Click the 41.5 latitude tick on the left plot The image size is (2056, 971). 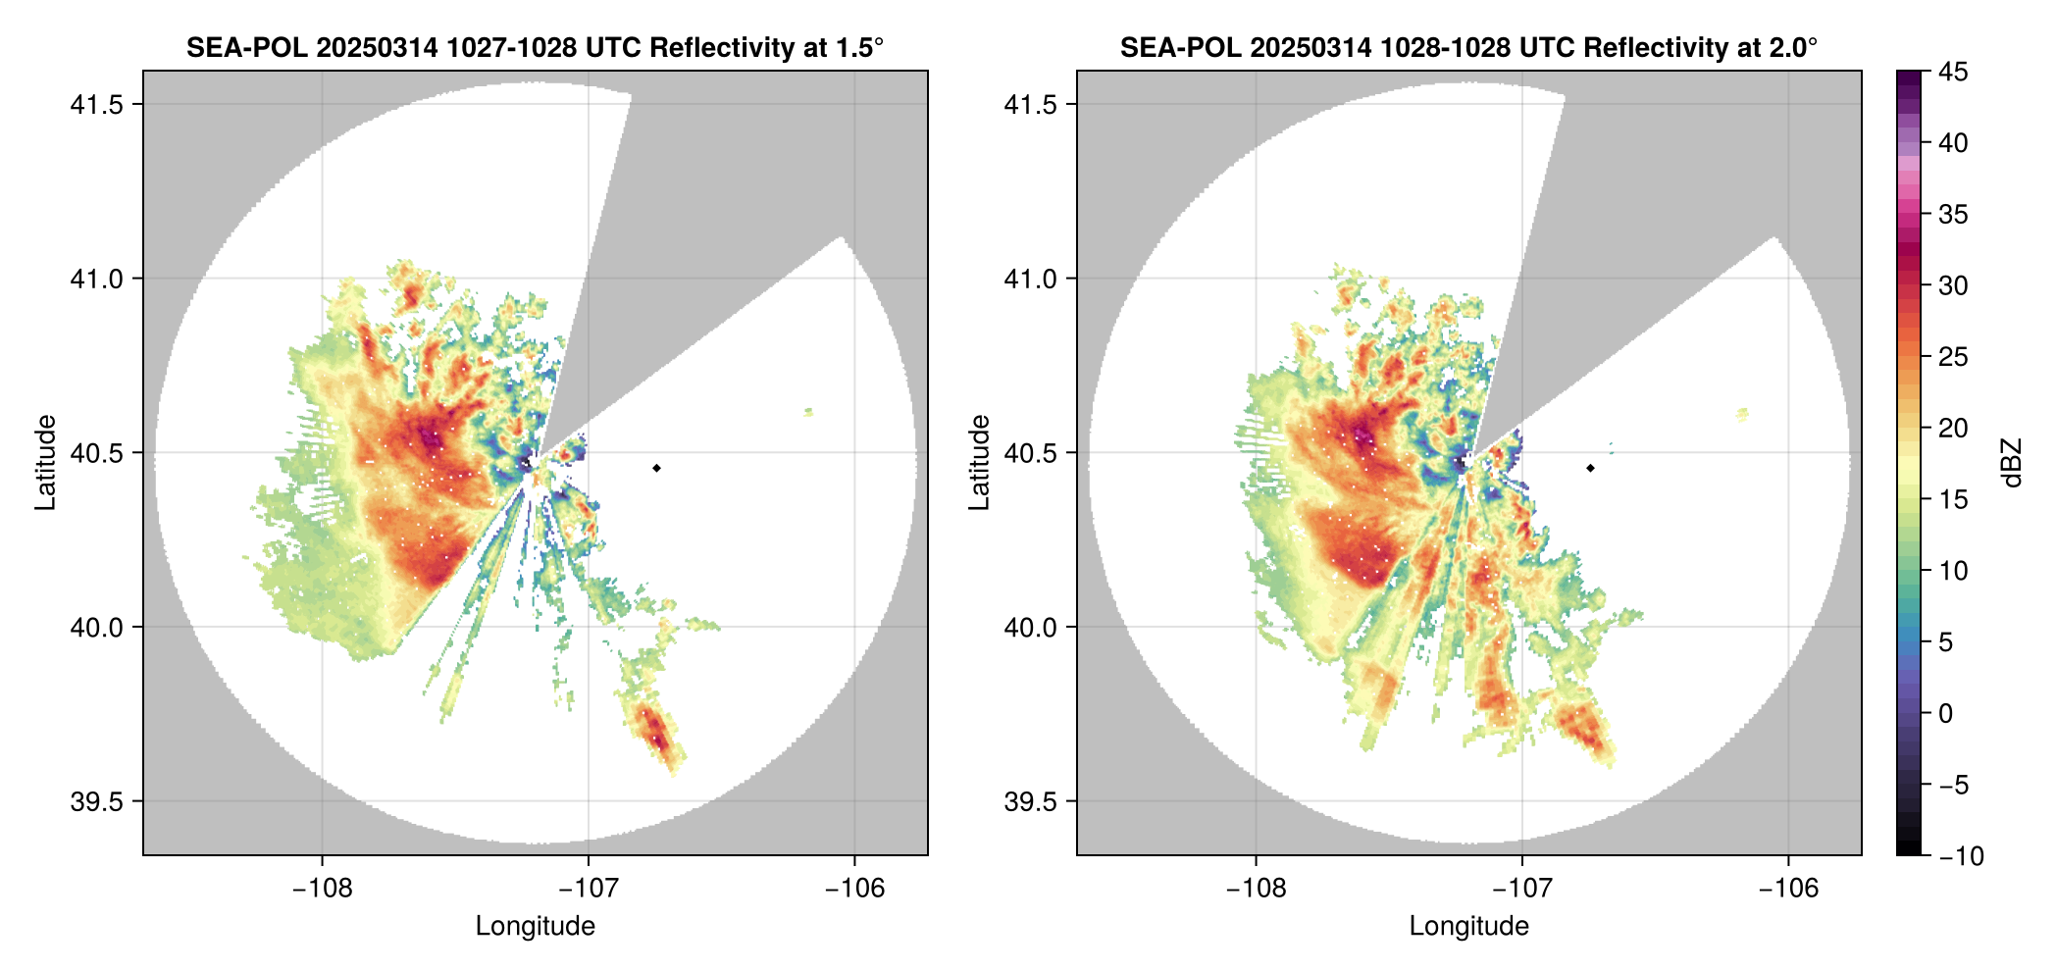(x=96, y=105)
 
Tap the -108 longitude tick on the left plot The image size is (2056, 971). (x=322, y=888)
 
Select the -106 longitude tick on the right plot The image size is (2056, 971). (x=1788, y=888)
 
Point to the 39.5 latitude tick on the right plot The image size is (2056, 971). (x=1030, y=801)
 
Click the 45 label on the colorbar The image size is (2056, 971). (x=1953, y=72)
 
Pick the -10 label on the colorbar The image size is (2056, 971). (x=1961, y=856)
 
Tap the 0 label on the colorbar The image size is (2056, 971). (x=1946, y=713)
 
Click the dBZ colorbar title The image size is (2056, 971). (x=2012, y=463)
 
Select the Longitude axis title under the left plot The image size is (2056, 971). (x=535, y=926)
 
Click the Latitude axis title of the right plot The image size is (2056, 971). (x=979, y=462)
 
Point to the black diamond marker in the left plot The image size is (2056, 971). (x=656, y=468)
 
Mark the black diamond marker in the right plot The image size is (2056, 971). (x=1590, y=468)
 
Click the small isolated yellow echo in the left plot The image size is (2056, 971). (x=808, y=412)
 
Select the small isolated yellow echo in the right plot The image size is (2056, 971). (x=1742, y=414)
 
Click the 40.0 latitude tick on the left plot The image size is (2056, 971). (x=96, y=627)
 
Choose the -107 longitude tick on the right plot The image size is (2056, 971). (x=1521, y=888)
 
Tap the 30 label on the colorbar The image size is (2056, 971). (x=1953, y=285)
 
